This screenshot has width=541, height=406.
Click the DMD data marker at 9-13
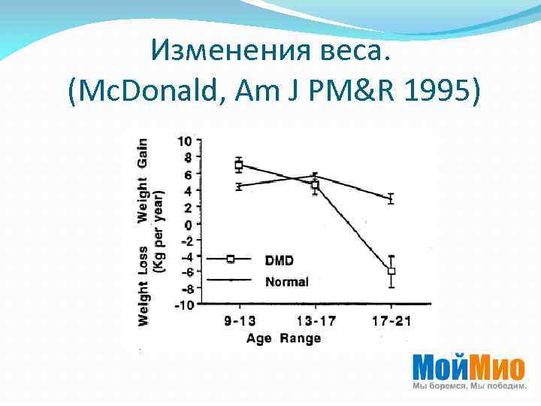(x=239, y=165)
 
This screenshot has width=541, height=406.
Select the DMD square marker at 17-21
(x=391, y=271)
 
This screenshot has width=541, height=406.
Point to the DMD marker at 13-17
(x=316, y=184)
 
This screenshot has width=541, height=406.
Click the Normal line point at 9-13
(x=239, y=186)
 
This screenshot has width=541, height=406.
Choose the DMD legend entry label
(x=280, y=260)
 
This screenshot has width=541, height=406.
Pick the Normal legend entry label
(x=286, y=282)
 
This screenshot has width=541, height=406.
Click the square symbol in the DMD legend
(x=231, y=259)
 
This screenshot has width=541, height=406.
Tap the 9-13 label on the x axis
(x=239, y=321)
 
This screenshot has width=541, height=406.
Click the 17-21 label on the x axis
(x=391, y=321)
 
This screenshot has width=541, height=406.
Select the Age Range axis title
(x=283, y=338)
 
